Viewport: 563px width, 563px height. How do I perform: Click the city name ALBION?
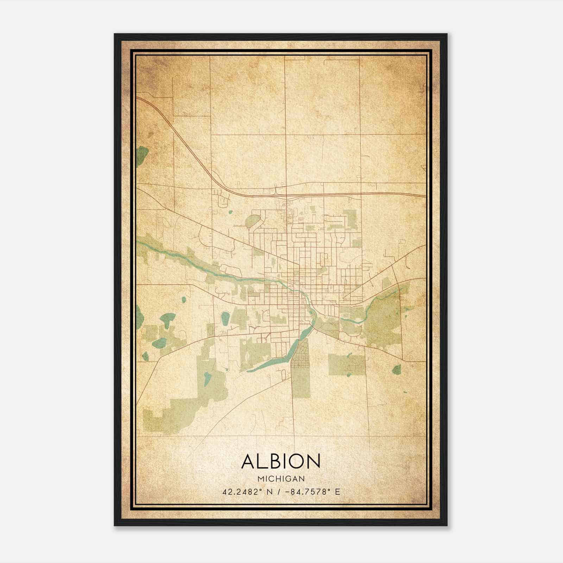(x=281, y=461)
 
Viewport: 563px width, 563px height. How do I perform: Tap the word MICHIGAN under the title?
(x=281, y=479)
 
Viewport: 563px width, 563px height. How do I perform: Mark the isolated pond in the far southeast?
(x=397, y=369)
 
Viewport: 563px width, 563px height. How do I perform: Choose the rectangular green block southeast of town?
(x=347, y=365)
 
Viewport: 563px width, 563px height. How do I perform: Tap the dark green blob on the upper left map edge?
(x=142, y=153)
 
